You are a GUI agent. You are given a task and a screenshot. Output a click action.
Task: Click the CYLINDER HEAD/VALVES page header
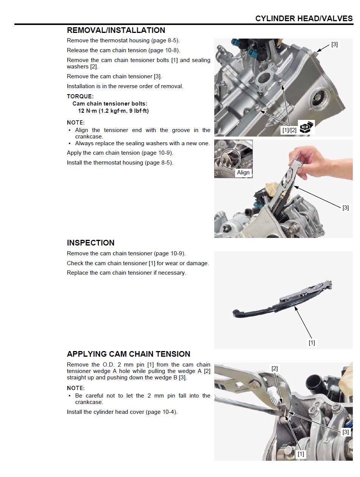click(304, 19)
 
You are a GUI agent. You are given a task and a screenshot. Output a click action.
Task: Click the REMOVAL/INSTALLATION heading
click(116, 30)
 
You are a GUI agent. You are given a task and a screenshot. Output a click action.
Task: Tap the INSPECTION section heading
click(90, 243)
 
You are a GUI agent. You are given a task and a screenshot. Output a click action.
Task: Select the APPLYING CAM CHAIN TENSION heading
click(128, 354)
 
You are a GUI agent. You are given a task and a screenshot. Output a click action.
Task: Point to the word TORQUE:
click(80, 96)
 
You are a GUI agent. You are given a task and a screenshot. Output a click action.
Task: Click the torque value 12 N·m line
click(113, 111)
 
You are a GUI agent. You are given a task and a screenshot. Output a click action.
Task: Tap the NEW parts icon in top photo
click(306, 127)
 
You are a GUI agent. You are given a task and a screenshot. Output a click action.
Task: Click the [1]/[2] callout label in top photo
click(289, 130)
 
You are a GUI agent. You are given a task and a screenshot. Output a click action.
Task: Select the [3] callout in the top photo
click(334, 44)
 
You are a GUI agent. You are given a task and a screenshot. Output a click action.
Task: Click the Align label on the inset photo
click(243, 172)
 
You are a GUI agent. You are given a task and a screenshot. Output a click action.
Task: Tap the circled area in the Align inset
click(231, 158)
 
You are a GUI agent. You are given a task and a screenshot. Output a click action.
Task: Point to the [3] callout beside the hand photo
click(346, 208)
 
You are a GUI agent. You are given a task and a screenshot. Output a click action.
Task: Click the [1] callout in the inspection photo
click(312, 343)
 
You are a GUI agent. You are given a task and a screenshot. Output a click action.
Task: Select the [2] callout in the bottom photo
click(274, 368)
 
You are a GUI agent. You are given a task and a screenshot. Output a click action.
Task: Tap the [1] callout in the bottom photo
click(301, 454)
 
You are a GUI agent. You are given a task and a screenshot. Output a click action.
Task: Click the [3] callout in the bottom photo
click(346, 432)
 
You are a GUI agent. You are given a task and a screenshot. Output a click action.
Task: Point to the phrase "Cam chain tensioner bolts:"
click(110, 103)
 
